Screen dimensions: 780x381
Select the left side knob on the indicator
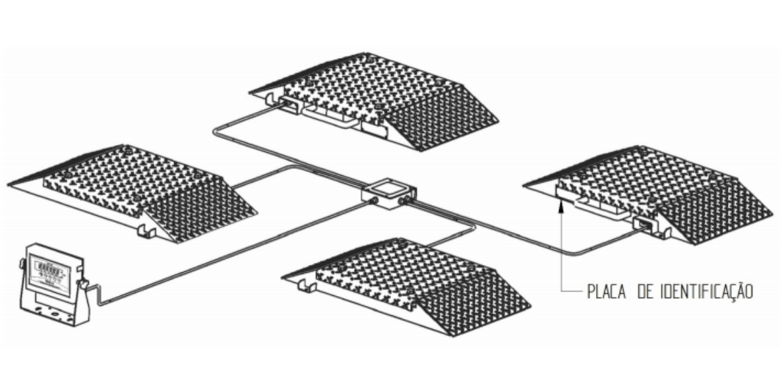22,264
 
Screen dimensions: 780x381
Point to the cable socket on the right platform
644,224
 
